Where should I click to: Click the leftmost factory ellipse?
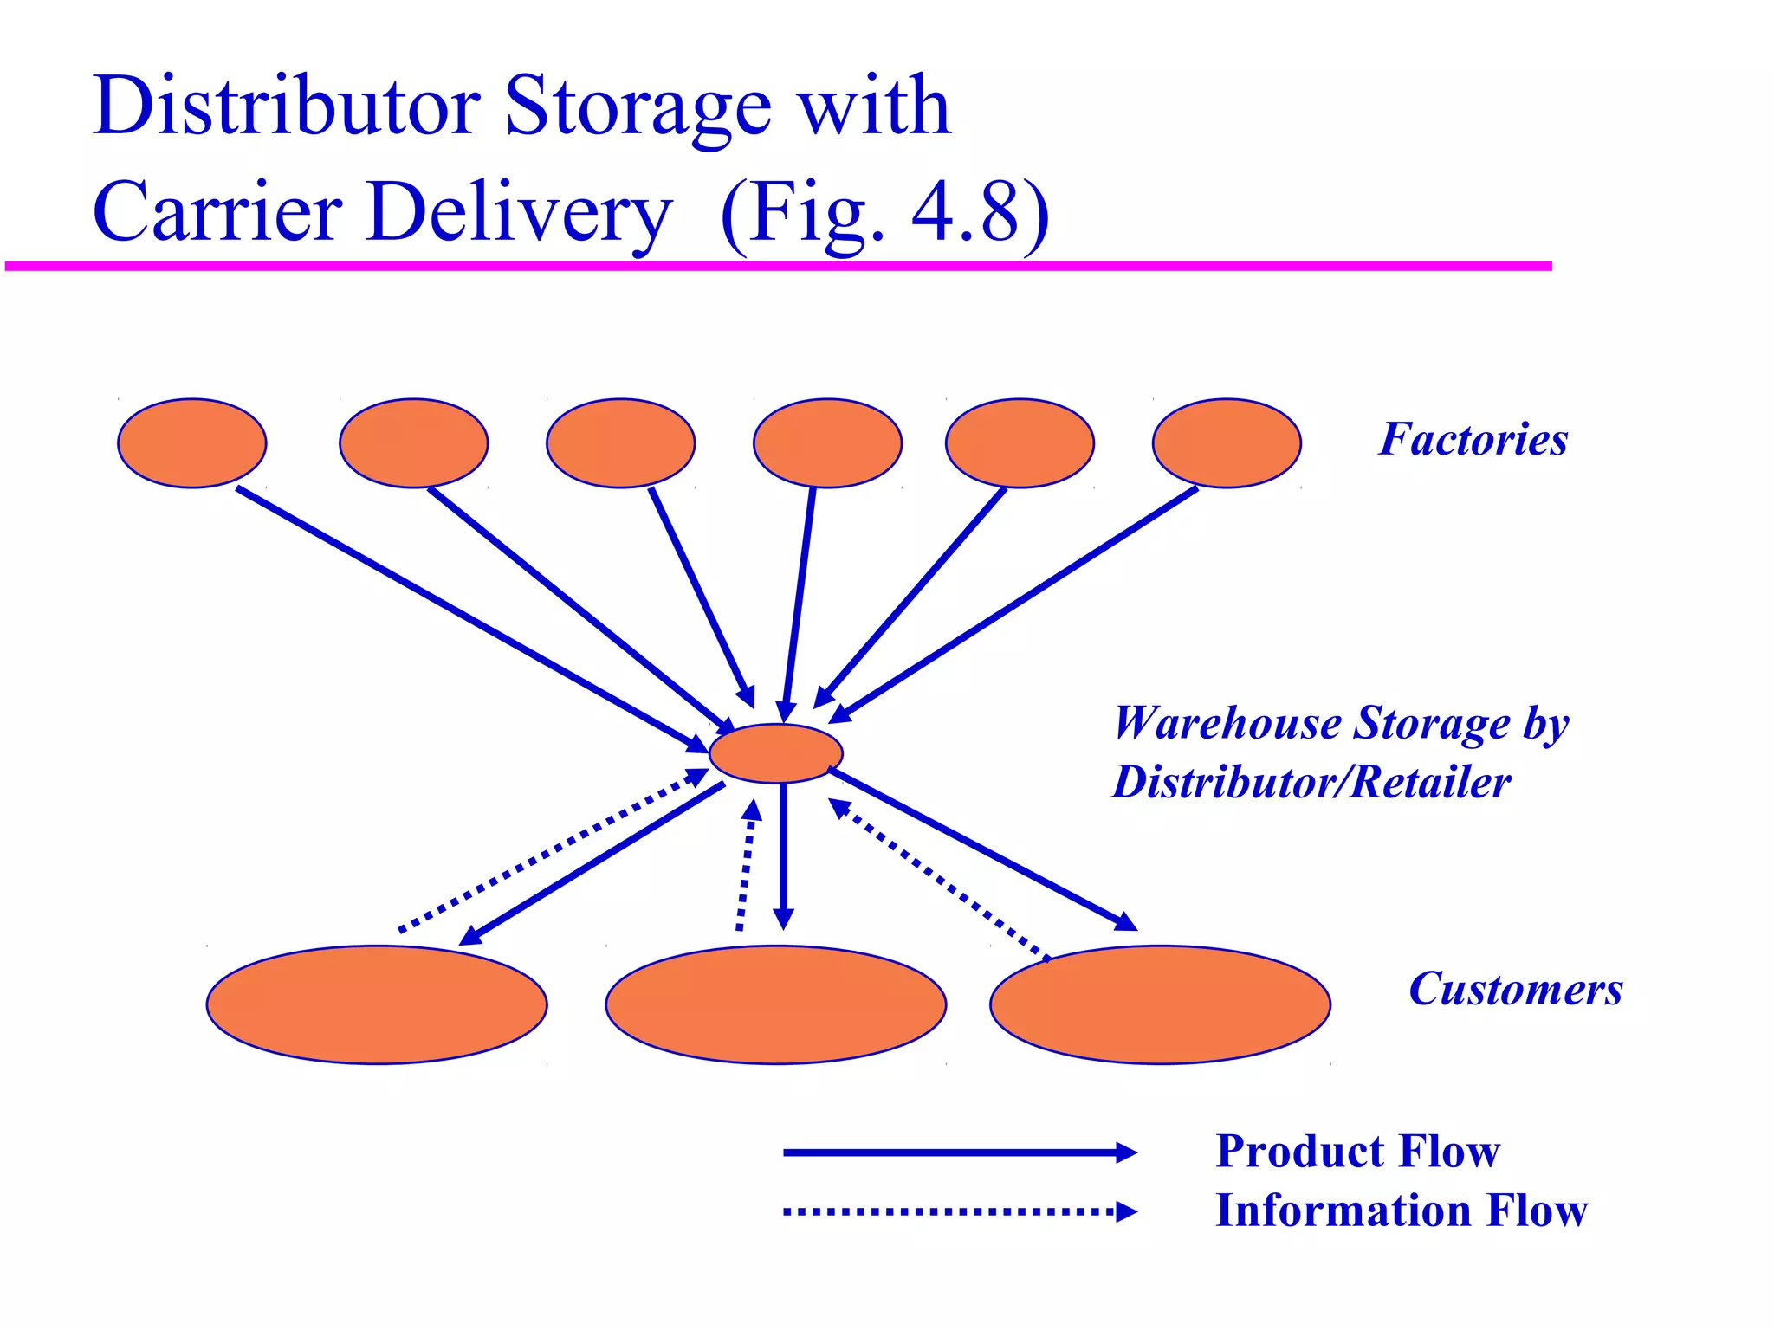coord(191,443)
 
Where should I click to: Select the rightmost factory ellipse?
coord(1226,443)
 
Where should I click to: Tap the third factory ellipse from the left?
coord(620,443)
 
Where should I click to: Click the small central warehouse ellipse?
coord(775,753)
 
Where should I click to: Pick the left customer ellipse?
coord(377,1004)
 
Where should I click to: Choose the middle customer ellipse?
coord(775,1004)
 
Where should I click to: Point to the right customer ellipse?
coord(1160,1004)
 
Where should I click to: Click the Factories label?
coord(1473,439)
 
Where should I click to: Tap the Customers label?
coord(1515,989)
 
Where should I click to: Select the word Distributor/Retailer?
coord(1311,782)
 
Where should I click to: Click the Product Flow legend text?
coord(1357,1152)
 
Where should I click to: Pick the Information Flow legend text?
coord(1402,1211)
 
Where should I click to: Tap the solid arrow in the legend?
coord(957,1152)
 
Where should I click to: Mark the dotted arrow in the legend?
coord(957,1211)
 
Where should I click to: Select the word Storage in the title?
coord(637,107)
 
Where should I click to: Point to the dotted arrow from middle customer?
coord(746,866)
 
